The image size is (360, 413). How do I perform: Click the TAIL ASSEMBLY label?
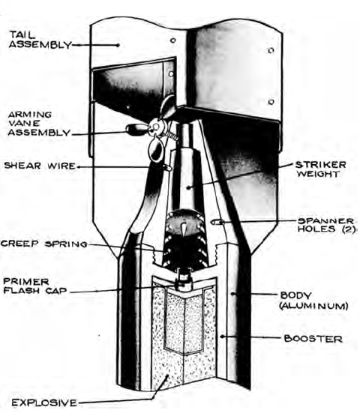(40, 40)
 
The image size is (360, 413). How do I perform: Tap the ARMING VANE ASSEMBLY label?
(39, 123)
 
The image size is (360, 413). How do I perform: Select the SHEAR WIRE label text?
(40, 166)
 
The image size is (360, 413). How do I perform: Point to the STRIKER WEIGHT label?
(320, 169)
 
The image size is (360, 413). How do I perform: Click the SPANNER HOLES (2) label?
(326, 225)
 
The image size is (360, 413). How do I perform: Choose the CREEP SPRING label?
(44, 244)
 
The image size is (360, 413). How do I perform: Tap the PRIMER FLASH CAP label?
(34, 286)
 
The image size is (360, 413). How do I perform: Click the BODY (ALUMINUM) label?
(313, 301)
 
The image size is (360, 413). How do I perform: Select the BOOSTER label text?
(313, 339)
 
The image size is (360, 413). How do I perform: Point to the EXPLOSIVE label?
(44, 403)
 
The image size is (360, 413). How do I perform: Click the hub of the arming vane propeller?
(155, 127)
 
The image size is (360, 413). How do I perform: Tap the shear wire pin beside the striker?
(167, 167)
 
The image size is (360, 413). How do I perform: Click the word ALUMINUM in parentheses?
(313, 306)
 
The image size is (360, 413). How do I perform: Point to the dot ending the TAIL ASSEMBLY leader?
(118, 45)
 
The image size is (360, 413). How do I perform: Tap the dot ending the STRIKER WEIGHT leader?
(188, 187)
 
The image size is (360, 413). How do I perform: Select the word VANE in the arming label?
(24, 123)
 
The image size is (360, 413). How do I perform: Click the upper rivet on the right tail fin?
(271, 50)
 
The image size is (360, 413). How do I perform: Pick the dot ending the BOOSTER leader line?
(222, 337)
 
